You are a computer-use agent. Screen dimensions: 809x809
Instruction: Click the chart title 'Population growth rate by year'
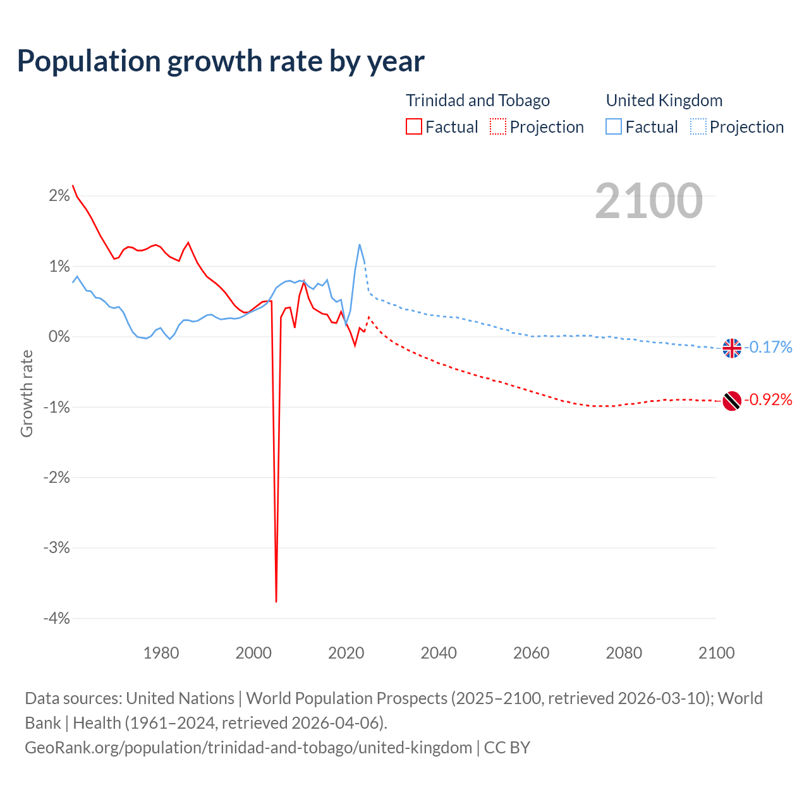(x=221, y=61)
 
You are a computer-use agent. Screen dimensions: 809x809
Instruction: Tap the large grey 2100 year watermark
(x=648, y=201)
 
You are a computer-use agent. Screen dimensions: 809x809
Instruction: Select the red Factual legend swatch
(x=413, y=127)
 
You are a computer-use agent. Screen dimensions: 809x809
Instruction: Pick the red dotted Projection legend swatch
(x=498, y=127)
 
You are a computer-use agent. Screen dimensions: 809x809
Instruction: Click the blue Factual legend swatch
(x=614, y=127)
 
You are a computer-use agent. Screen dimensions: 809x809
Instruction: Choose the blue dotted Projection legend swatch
(x=698, y=127)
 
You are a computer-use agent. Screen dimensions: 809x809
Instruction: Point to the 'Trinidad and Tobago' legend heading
(x=477, y=100)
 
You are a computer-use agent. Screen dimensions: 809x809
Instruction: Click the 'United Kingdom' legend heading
(x=664, y=100)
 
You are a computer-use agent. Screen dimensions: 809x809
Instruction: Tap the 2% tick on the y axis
(x=59, y=196)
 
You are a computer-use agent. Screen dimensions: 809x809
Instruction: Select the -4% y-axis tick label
(x=56, y=618)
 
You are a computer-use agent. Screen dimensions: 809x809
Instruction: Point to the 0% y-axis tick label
(x=59, y=337)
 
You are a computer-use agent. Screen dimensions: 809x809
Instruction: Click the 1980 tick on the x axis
(x=161, y=653)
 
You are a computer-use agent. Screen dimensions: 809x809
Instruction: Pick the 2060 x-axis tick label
(x=531, y=653)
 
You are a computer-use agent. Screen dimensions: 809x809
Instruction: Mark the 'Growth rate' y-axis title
(x=27, y=393)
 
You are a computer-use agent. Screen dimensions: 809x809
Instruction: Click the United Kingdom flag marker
(x=732, y=348)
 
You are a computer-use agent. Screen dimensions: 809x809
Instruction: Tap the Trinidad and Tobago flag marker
(x=732, y=401)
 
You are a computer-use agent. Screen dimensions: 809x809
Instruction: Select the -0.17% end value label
(x=768, y=347)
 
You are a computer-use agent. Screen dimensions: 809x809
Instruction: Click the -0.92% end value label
(x=768, y=399)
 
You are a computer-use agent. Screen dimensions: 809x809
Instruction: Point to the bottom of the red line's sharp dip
(x=276, y=601)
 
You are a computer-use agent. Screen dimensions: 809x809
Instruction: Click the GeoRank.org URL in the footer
(x=248, y=748)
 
